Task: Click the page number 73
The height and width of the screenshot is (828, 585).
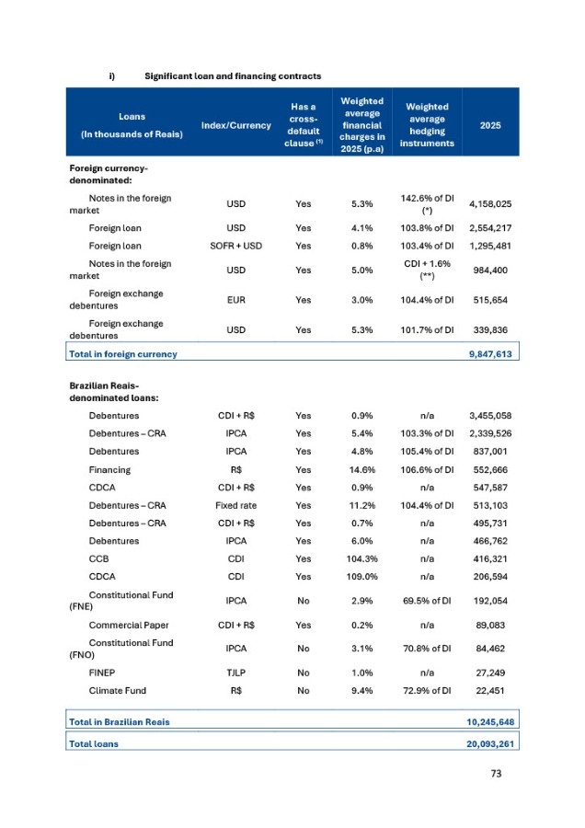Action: pyautogui.click(x=501, y=775)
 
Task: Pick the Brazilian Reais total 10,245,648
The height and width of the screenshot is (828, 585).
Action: pyautogui.click(x=484, y=722)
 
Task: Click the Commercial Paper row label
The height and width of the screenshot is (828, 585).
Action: pyautogui.click(x=128, y=626)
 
